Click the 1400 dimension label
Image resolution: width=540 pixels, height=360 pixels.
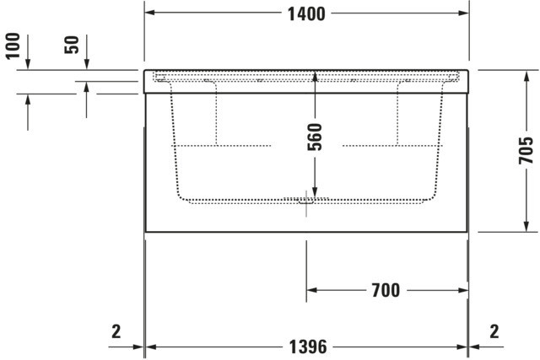pyautogui.click(x=306, y=14)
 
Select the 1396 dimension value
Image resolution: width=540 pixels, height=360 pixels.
pyautogui.click(x=307, y=347)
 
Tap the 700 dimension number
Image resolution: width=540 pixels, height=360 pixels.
pyautogui.click(x=386, y=291)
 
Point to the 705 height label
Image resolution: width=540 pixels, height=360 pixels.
pyautogui.click(x=526, y=150)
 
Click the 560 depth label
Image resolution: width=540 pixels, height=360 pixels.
pyautogui.click(x=315, y=137)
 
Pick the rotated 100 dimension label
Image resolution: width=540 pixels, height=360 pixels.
pyautogui.click(x=13, y=46)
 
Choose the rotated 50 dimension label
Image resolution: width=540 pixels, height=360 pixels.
pyautogui.click(x=72, y=45)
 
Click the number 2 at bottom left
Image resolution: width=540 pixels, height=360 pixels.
pyautogui.click(x=116, y=332)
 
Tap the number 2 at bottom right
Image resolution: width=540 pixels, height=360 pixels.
pyautogui.click(x=494, y=332)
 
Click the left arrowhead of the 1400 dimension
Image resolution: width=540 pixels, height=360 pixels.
pyautogui.click(x=149, y=13)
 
